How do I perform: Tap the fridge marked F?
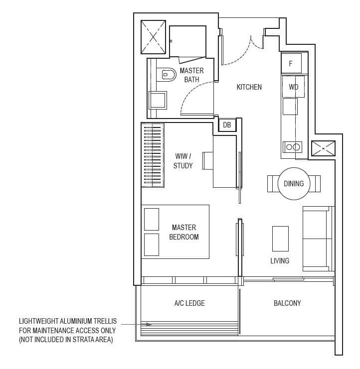pos(291,63)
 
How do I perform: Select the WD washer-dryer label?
pos(294,87)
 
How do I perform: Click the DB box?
pos(227,124)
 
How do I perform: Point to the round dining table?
pos(294,184)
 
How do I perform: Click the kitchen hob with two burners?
pos(292,147)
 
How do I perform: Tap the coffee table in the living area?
pos(280,239)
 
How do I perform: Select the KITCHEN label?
pos(249,87)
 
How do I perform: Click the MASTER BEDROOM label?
pos(184,232)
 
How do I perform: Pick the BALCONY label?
pos(287,303)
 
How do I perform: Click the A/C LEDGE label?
pos(189,303)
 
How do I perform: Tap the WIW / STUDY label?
pos(183,161)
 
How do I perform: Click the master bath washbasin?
pos(158,100)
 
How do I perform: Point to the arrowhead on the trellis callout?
pos(149,324)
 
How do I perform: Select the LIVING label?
pos(280,261)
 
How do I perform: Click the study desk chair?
pos(208,161)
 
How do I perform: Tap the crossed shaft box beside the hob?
pos(323,148)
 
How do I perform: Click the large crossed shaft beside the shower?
pos(153,37)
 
